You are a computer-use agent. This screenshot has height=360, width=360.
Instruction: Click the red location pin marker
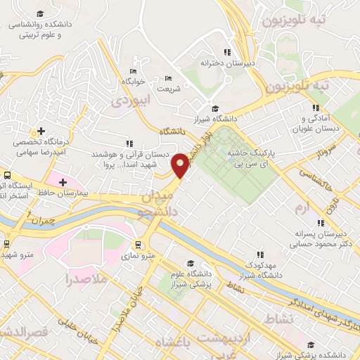[181, 165]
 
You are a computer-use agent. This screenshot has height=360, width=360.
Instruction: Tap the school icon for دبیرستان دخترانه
[226, 51]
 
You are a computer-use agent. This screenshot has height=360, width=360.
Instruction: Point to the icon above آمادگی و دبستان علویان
[316, 108]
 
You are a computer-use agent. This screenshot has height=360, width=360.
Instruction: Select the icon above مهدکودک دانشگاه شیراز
[259, 255]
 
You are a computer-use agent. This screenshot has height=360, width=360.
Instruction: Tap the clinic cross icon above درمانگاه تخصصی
[41, 131]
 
